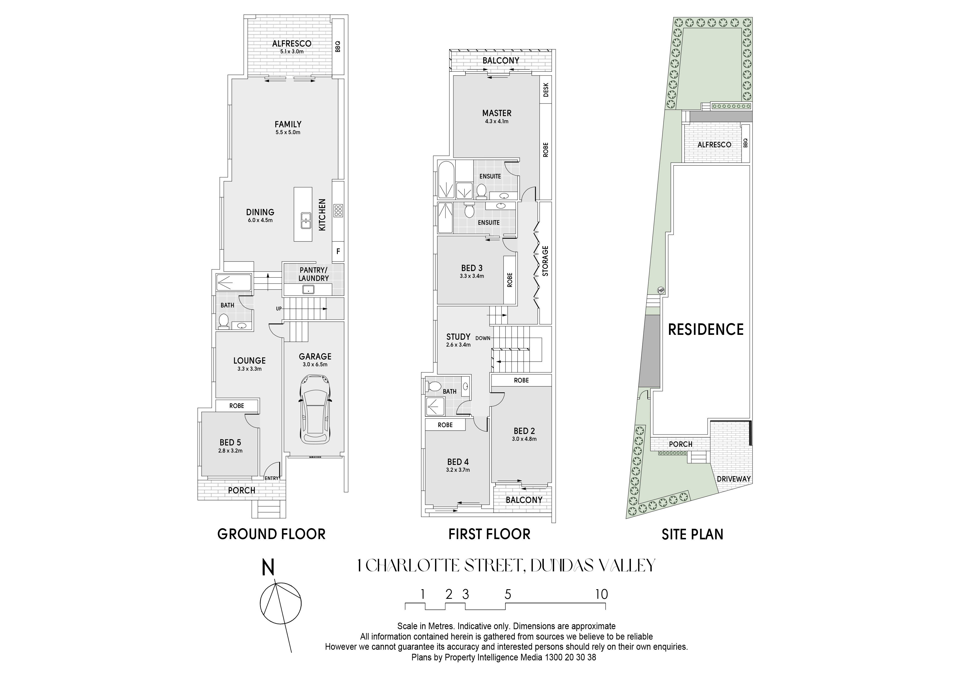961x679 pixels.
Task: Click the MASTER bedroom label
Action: point(497,113)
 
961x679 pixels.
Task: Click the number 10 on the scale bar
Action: point(602,594)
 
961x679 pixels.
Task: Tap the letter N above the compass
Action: point(268,569)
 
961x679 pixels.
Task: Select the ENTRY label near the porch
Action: point(271,478)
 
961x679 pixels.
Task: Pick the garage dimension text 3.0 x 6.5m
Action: point(315,364)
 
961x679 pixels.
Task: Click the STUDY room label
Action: point(458,337)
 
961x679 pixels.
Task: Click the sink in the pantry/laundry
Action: point(308,289)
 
